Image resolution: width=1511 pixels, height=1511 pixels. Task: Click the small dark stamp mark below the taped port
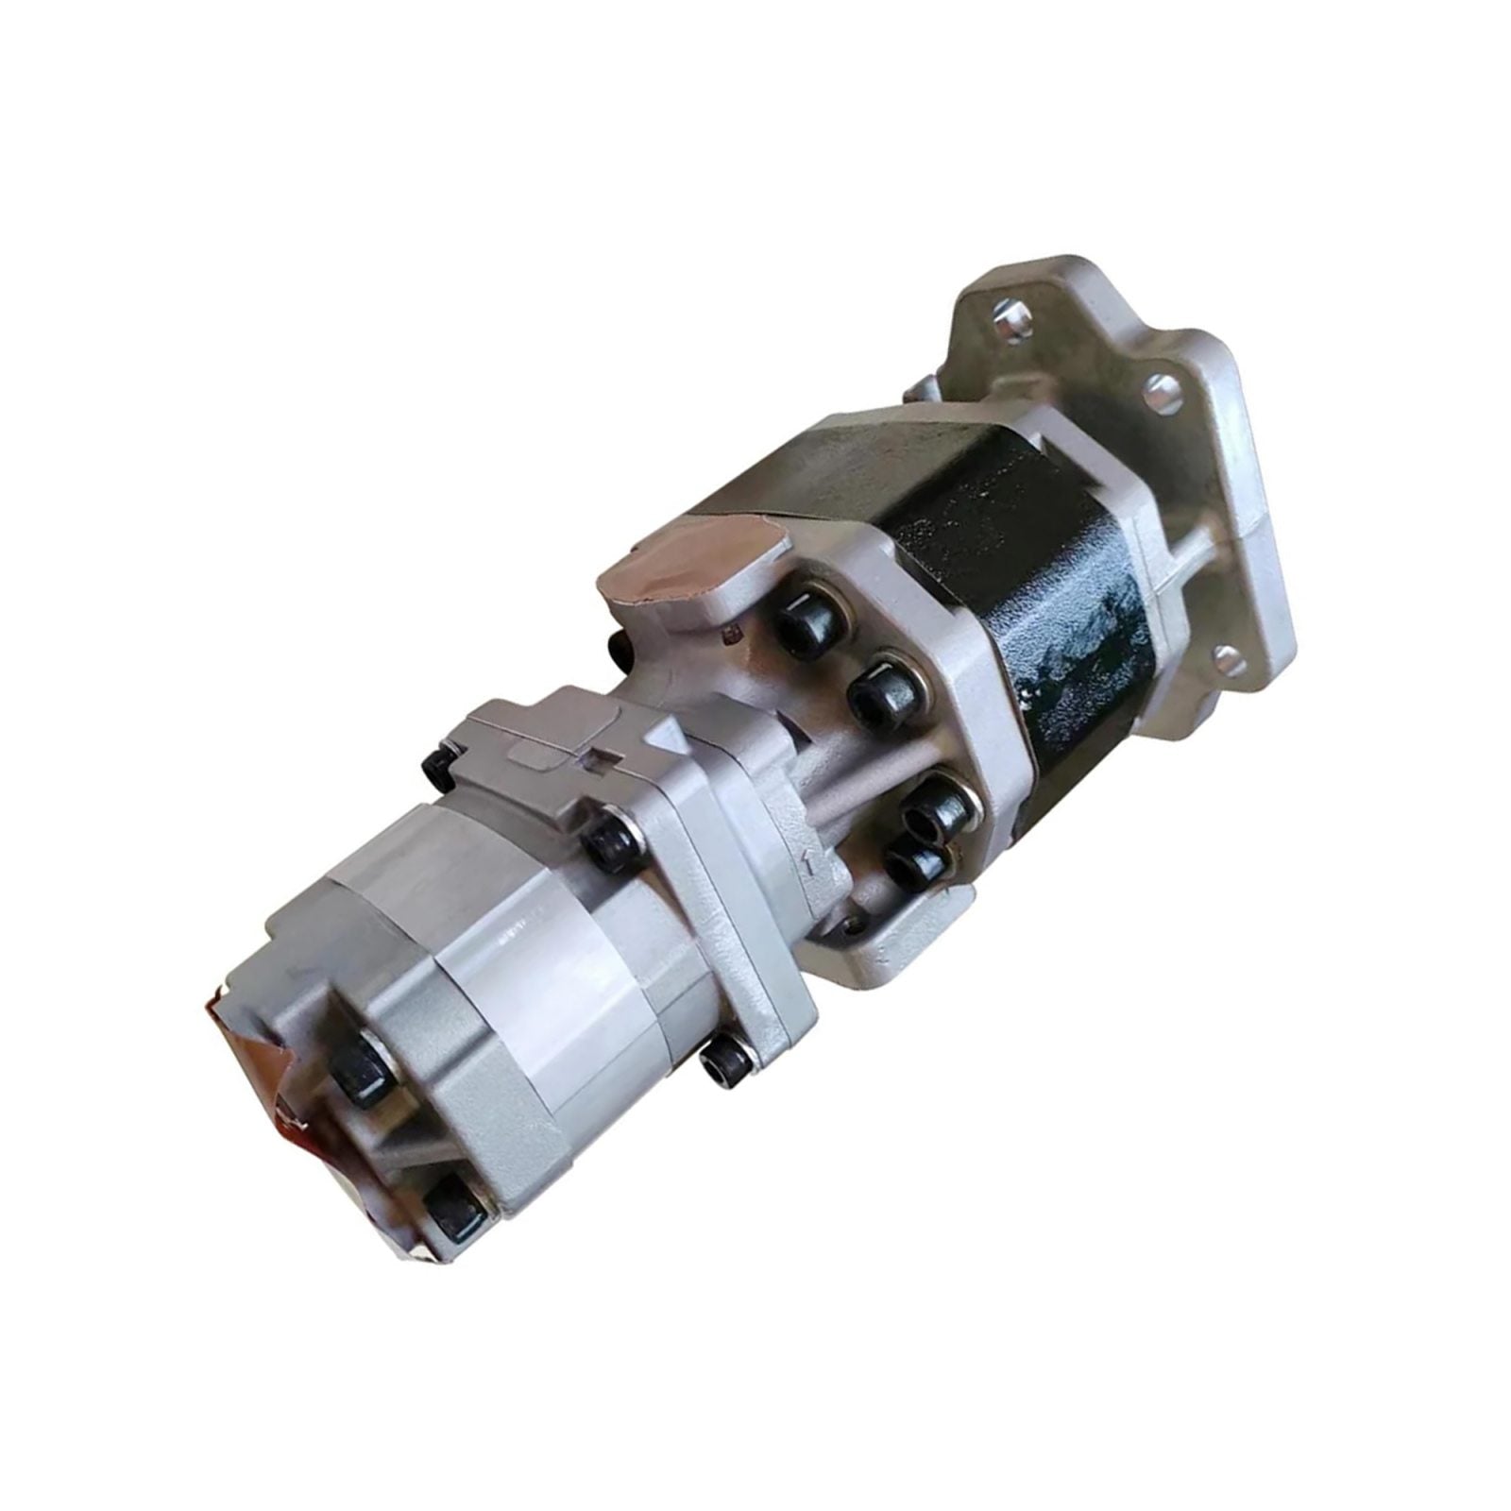click(x=730, y=631)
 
